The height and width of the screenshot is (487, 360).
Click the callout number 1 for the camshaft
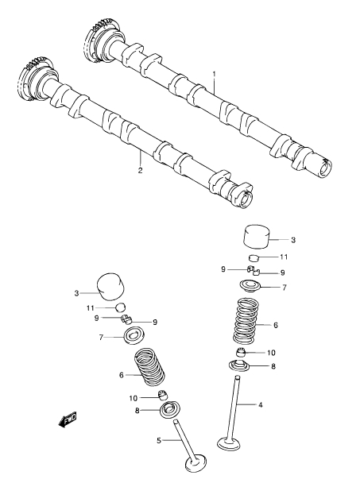(x=214, y=74)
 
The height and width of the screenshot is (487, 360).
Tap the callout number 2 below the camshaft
(x=140, y=170)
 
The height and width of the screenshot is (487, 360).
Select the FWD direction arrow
(x=68, y=419)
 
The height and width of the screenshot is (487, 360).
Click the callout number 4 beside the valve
(x=261, y=404)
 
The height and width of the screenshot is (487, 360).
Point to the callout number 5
(x=159, y=440)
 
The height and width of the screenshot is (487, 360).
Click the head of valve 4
(x=229, y=443)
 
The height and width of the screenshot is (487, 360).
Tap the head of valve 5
(x=195, y=465)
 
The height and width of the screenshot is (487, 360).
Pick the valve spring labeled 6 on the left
(x=149, y=367)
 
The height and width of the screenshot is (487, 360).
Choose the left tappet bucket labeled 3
(x=110, y=287)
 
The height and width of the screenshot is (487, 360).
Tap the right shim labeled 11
(x=254, y=257)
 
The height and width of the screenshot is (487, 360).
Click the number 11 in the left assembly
(x=90, y=308)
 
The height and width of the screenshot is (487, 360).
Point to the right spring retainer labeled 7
(x=249, y=286)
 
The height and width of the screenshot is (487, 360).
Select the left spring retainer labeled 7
(x=134, y=336)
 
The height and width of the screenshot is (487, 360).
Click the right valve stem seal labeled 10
(x=242, y=354)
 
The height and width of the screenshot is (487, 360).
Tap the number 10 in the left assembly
(x=134, y=398)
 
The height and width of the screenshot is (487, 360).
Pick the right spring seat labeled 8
(x=239, y=365)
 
